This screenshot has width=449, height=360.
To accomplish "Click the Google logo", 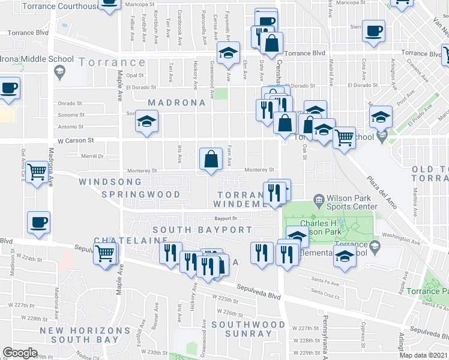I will point(20,353).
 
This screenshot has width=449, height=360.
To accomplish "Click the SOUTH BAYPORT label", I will point(202,229).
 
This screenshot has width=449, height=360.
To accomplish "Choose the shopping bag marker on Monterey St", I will point(211,160).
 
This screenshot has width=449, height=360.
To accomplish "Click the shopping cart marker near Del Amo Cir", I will point(37,172).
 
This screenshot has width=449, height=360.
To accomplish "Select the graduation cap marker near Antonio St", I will point(146,122).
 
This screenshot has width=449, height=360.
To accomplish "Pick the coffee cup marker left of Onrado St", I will point(8,89).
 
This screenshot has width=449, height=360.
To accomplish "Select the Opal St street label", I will point(135,76).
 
